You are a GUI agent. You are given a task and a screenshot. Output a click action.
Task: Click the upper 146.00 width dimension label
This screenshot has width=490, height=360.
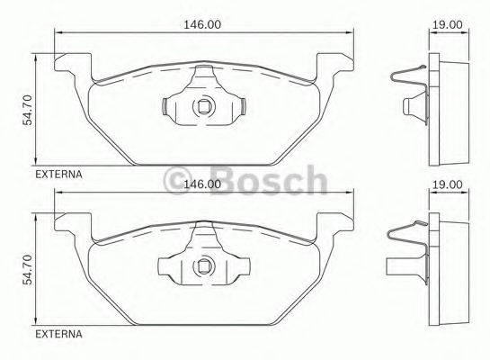point(202,25)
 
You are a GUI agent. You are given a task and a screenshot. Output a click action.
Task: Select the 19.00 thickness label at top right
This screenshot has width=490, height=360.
point(447,25)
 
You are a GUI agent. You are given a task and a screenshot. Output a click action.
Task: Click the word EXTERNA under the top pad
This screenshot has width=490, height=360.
point(59,175)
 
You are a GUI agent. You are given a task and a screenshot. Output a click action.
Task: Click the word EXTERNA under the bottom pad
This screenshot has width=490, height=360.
point(59,334)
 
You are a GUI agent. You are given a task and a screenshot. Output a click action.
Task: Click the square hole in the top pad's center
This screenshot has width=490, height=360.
point(204,108)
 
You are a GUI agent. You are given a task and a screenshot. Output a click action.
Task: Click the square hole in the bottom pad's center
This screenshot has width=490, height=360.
point(204,267)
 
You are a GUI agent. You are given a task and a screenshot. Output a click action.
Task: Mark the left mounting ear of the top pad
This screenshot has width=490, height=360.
point(72,65)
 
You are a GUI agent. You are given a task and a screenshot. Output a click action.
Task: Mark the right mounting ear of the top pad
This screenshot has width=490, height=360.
point(336,65)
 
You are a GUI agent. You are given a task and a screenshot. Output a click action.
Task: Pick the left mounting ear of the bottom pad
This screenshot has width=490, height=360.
point(72,225)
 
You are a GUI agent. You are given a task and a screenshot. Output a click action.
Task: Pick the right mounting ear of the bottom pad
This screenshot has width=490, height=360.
point(336,225)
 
